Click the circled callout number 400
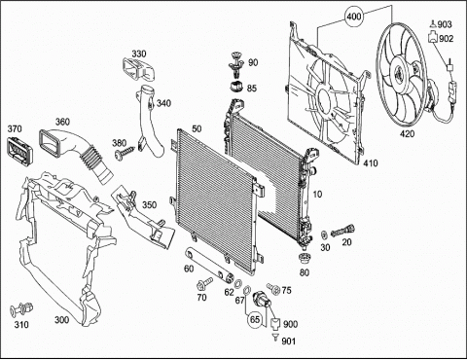(x=353, y=16)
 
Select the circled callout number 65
(x=255, y=320)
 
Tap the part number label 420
(x=407, y=133)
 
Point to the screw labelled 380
(x=125, y=153)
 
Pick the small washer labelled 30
(x=324, y=234)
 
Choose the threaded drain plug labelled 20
(x=342, y=231)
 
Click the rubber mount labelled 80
(x=304, y=259)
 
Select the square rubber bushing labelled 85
(x=236, y=88)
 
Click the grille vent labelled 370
(x=20, y=150)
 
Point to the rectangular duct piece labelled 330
(x=138, y=69)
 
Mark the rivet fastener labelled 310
(x=21, y=309)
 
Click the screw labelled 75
(x=273, y=288)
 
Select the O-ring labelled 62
(x=237, y=283)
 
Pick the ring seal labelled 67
(x=247, y=290)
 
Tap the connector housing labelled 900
(x=275, y=323)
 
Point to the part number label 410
(x=371, y=162)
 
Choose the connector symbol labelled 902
(x=433, y=38)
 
